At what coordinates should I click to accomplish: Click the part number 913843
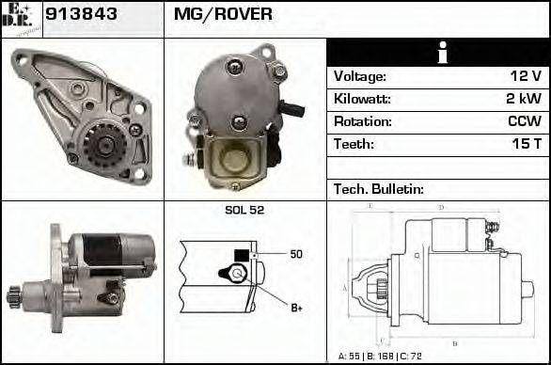(80, 14)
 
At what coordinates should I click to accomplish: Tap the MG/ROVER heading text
(223, 14)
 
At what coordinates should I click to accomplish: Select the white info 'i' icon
(437, 53)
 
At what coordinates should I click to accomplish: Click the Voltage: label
(360, 76)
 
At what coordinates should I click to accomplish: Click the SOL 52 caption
(244, 210)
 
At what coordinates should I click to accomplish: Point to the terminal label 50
(295, 254)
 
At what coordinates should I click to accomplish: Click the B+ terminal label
(296, 307)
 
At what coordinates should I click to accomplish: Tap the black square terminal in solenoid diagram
(242, 254)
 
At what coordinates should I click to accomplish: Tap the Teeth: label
(354, 144)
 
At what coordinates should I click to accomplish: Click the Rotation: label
(362, 121)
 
